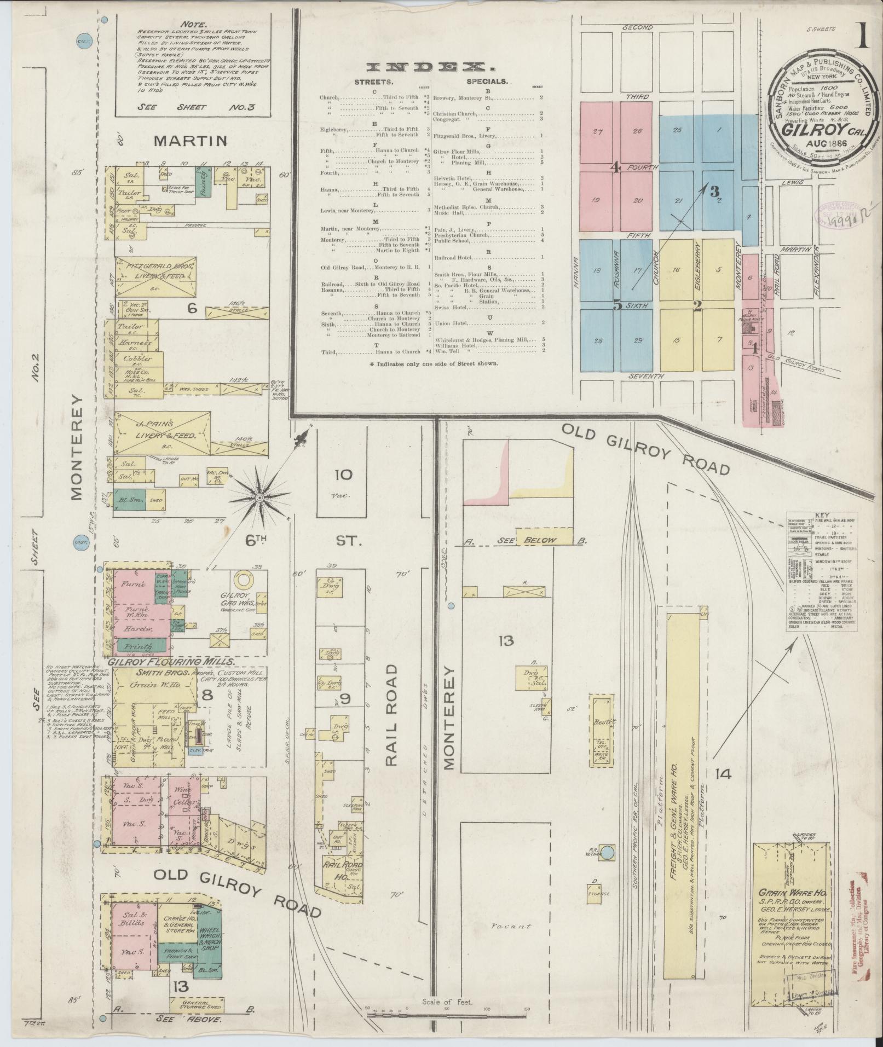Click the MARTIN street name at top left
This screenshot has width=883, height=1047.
(190, 141)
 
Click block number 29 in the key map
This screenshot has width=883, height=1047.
(637, 341)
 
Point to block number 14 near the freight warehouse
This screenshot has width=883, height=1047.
(722, 773)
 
